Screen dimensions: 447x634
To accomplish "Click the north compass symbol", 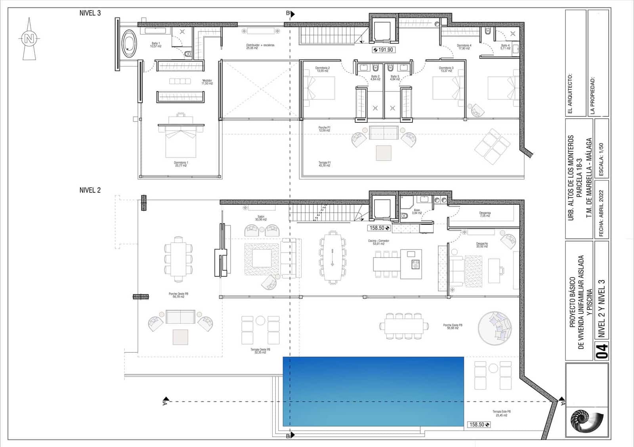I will pyautogui.click(x=29, y=39).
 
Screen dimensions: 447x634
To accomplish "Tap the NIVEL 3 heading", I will pyautogui.click(x=90, y=13).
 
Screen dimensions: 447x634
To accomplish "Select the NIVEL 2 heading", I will pyautogui.click(x=90, y=190).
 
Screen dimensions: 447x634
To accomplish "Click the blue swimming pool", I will pyautogui.click(x=373, y=391).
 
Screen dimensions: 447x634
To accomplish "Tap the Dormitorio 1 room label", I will pyautogui.click(x=181, y=164).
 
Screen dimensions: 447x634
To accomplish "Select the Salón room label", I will pyautogui.click(x=261, y=218).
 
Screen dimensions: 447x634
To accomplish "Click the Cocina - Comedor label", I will pyautogui.click(x=378, y=242).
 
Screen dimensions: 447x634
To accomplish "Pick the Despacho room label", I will pyautogui.click(x=482, y=245).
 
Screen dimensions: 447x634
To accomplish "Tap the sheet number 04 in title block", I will pyautogui.click(x=602, y=351).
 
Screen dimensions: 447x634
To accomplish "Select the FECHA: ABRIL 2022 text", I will pyautogui.click(x=601, y=214).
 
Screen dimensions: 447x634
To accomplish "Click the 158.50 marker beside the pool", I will pyautogui.click(x=479, y=424).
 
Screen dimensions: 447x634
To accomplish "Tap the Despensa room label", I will pyautogui.click(x=485, y=214).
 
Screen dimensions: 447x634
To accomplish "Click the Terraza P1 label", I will pyautogui.click(x=324, y=164).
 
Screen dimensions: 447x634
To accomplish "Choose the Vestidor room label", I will pyautogui.click(x=207, y=82).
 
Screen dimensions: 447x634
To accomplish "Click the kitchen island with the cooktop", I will pyautogui.click(x=411, y=264).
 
